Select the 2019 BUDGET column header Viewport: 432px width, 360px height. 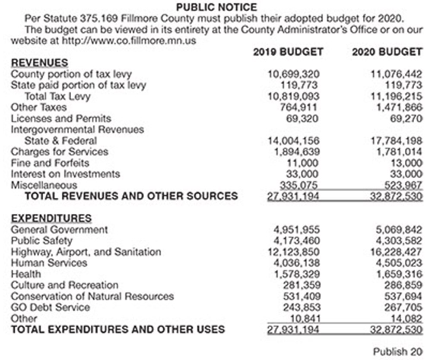pyautogui.click(x=288, y=52)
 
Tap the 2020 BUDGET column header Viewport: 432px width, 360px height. pyautogui.click(x=387, y=52)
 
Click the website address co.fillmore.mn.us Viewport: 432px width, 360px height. pyautogui.click(x=117, y=41)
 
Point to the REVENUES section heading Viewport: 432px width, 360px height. pyautogui.click(x=39, y=63)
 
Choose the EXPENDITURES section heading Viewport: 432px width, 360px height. pyautogui.click(x=51, y=218)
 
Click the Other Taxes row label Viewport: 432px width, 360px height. pyautogui.click(x=39, y=107)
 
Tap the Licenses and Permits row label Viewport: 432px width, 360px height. pyautogui.click(x=61, y=118)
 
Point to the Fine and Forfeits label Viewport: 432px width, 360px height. pyautogui.click(x=50, y=163)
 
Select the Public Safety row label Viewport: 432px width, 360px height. pyautogui.click(x=41, y=240)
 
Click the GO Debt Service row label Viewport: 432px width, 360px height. pyautogui.click(x=51, y=307)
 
